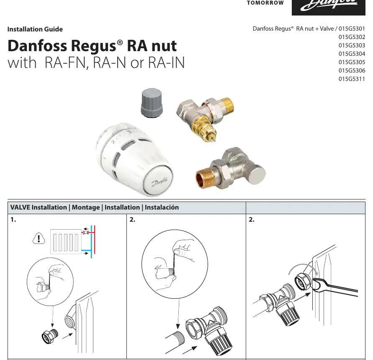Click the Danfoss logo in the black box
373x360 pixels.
pyautogui.click(x=329, y=5)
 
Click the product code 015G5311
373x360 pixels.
pyautogui.click(x=352, y=79)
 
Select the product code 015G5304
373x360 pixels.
pyautogui.click(x=352, y=54)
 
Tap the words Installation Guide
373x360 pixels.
pyautogui.click(x=35, y=29)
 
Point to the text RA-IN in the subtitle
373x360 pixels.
pyautogui.click(x=166, y=62)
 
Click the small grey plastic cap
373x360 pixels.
pyautogui.click(x=152, y=102)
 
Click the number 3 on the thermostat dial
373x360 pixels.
pyautogui.click(x=129, y=132)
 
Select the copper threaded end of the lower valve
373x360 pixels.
pyautogui.click(x=205, y=178)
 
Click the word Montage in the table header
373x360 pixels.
pyautogui.click(x=86, y=207)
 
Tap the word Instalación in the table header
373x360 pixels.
pyautogui.click(x=162, y=207)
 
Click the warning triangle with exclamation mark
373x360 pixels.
pyautogui.click(x=39, y=238)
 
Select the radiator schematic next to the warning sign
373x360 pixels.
pyautogui.click(x=66, y=242)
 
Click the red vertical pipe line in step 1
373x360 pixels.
pyautogui.click(x=95, y=240)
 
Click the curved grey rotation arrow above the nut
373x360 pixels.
pyautogui.click(x=303, y=267)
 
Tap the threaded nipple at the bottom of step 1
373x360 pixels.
pyautogui.click(x=50, y=337)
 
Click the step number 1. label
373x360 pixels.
pyautogui.click(x=13, y=220)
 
